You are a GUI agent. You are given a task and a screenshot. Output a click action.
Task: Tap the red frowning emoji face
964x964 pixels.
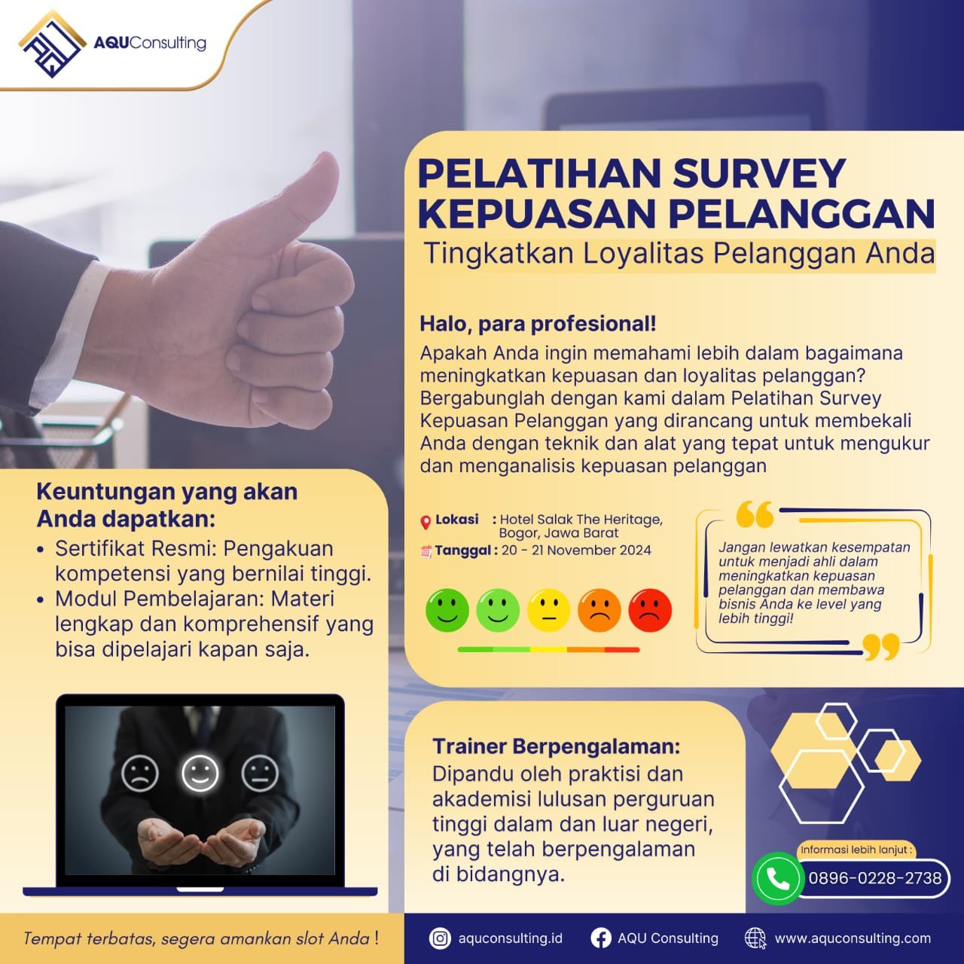650,610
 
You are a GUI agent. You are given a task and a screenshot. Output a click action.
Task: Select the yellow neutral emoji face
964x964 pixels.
549,610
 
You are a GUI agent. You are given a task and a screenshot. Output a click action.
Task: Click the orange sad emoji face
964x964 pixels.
599,610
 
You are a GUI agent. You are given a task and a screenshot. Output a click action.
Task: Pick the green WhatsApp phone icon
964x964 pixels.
778,878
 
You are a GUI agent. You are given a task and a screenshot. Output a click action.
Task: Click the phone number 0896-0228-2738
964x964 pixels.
875,878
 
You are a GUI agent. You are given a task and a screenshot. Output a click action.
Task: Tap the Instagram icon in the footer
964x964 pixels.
440,938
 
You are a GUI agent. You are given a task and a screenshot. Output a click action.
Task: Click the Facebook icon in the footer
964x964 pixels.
601,938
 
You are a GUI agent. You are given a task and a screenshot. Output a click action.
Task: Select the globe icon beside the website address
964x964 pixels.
755,938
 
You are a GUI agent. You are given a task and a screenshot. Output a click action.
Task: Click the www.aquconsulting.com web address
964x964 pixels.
853,938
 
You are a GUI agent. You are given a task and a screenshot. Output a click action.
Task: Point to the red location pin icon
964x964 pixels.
426,522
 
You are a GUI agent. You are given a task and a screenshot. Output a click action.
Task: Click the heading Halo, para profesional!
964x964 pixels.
538,324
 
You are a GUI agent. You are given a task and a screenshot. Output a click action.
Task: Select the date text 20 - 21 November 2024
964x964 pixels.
576,551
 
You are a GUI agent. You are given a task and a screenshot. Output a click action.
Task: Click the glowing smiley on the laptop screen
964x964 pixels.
200,773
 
